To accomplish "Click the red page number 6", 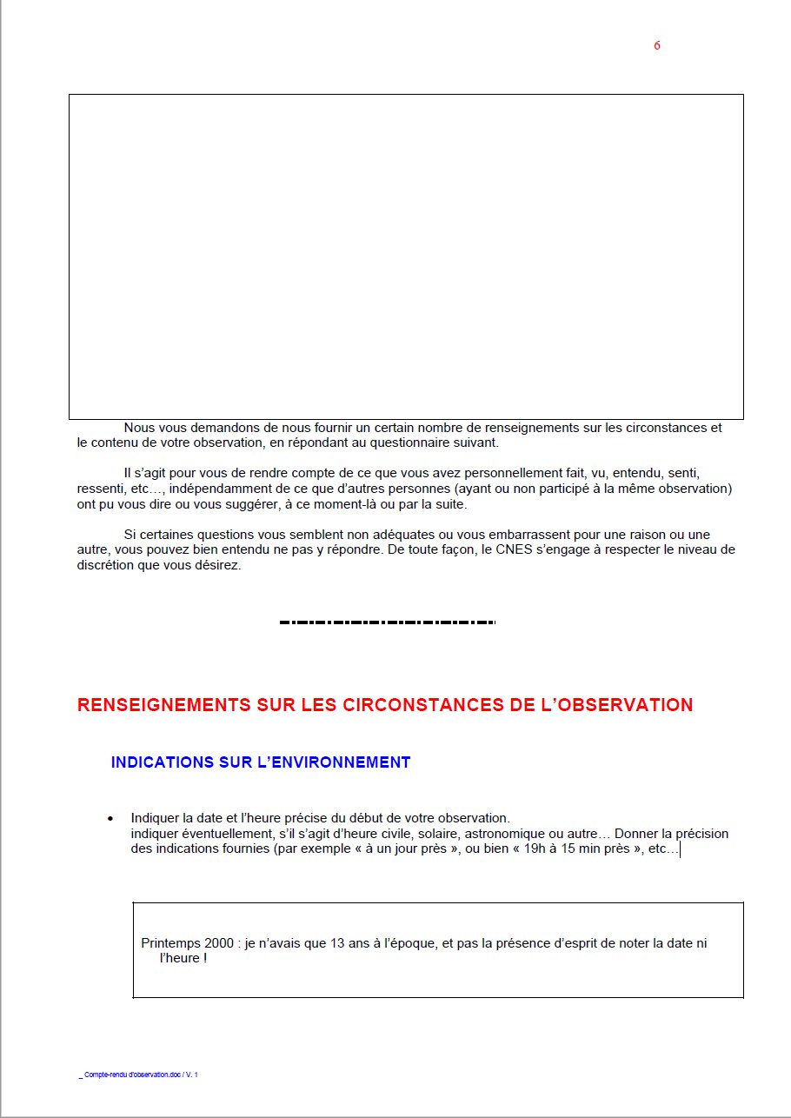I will pyautogui.click(x=657, y=45).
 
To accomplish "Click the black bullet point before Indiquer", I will pyautogui.click(x=110, y=819).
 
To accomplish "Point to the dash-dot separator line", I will pyautogui.click(x=387, y=622).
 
